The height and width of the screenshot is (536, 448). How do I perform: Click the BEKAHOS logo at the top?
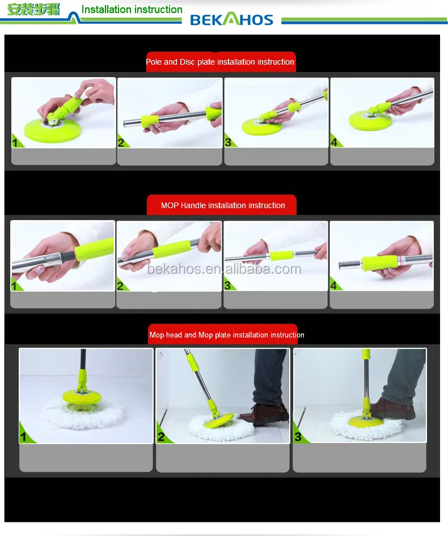[x=231, y=20]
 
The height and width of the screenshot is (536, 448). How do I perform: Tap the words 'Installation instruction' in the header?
[x=132, y=10]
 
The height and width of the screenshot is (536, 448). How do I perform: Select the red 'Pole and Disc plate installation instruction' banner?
[x=220, y=62]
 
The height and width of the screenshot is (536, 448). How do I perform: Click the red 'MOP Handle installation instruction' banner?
[x=222, y=205]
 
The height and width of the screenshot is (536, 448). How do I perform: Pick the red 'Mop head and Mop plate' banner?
[x=226, y=335]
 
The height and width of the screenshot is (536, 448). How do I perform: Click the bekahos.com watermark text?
[x=224, y=268]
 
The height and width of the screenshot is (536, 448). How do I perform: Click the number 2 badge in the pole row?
[x=121, y=142]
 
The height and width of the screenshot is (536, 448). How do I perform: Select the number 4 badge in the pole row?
[x=335, y=142]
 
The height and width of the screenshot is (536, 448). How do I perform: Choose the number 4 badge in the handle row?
[x=335, y=285]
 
